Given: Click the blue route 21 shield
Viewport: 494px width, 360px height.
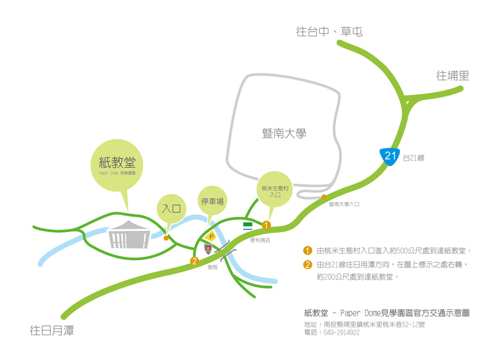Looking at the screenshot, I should (390, 156).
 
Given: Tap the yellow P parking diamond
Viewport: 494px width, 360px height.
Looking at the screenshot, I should (211, 237).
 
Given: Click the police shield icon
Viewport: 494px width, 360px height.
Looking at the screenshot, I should (209, 248).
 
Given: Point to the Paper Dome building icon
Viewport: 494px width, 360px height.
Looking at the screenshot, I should (130, 235).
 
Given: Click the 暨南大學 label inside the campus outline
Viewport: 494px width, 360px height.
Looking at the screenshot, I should (284, 133).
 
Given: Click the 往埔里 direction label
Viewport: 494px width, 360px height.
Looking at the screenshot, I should (453, 75).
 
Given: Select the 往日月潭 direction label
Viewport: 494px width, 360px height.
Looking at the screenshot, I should (52, 330).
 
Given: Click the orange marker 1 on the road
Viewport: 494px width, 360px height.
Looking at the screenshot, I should (267, 225).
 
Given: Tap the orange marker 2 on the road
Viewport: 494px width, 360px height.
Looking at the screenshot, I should (194, 261).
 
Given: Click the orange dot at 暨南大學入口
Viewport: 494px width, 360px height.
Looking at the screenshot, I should (324, 197).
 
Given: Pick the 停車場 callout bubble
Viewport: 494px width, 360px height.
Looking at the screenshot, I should (212, 201).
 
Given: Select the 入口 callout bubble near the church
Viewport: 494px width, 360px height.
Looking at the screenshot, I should (171, 209).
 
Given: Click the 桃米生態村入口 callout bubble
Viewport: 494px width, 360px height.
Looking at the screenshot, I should (275, 190).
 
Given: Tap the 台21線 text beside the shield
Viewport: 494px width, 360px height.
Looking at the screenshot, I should (414, 158).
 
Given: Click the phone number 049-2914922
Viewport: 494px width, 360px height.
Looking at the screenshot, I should (341, 332).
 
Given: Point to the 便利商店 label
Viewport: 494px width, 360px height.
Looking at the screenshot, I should (260, 240).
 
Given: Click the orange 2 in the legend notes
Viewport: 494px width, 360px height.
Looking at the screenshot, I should (308, 265).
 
